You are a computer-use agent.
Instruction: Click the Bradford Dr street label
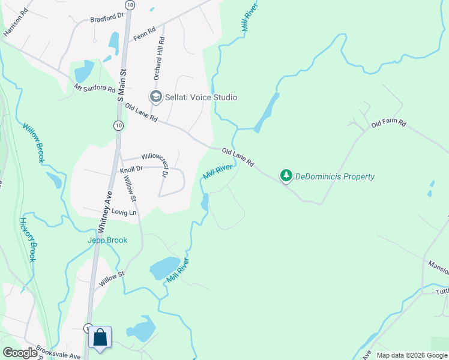(106, 19)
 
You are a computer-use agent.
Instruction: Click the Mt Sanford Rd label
(95, 89)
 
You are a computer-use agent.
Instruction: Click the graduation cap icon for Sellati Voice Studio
(156, 97)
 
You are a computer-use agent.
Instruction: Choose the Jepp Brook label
(108, 240)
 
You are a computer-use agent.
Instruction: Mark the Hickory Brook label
(28, 239)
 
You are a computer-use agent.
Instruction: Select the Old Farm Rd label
(388, 124)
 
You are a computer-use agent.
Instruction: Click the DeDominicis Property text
(336, 176)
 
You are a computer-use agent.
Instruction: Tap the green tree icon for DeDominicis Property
(286, 176)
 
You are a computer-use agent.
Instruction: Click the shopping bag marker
(100, 337)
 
